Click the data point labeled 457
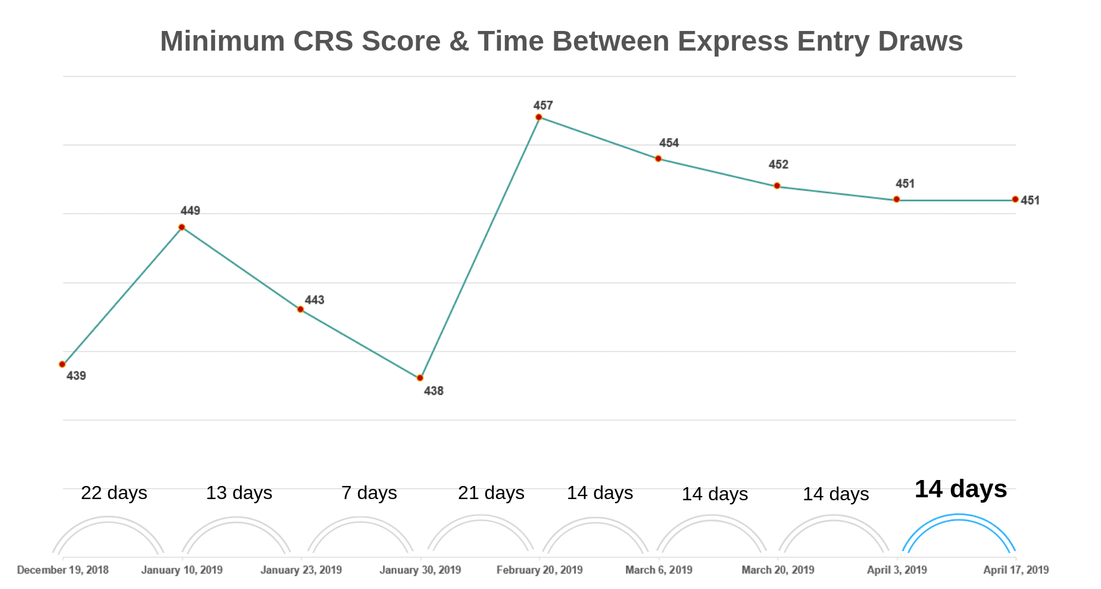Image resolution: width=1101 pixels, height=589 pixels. [538, 117]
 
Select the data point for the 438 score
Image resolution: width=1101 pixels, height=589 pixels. [420, 378]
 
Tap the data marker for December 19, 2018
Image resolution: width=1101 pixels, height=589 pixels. [63, 364]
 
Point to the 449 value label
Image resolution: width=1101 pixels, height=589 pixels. [191, 211]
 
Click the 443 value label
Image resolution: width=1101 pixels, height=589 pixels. [314, 300]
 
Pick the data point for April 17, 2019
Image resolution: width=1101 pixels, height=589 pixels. [1015, 200]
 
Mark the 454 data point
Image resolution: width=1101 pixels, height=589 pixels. [658, 158]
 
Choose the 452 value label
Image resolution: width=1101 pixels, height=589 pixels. [778, 165]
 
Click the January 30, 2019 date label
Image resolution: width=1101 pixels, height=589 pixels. [420, 570]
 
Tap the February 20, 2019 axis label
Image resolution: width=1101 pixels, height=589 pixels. [539, 570]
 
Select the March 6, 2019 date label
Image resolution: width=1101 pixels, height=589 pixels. [659, 570]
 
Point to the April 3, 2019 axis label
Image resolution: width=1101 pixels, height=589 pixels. [897, 570]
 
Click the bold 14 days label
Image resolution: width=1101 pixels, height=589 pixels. [960, 489]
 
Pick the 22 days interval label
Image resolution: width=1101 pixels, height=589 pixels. [114, 493]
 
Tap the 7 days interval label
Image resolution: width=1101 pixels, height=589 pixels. [369, 493]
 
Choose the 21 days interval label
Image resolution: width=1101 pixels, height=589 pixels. [491, 493]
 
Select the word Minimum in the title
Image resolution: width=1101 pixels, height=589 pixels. [222, 42]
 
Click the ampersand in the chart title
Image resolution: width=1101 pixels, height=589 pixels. [459, 42]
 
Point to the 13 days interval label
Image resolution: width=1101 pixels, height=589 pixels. [239, 493]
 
